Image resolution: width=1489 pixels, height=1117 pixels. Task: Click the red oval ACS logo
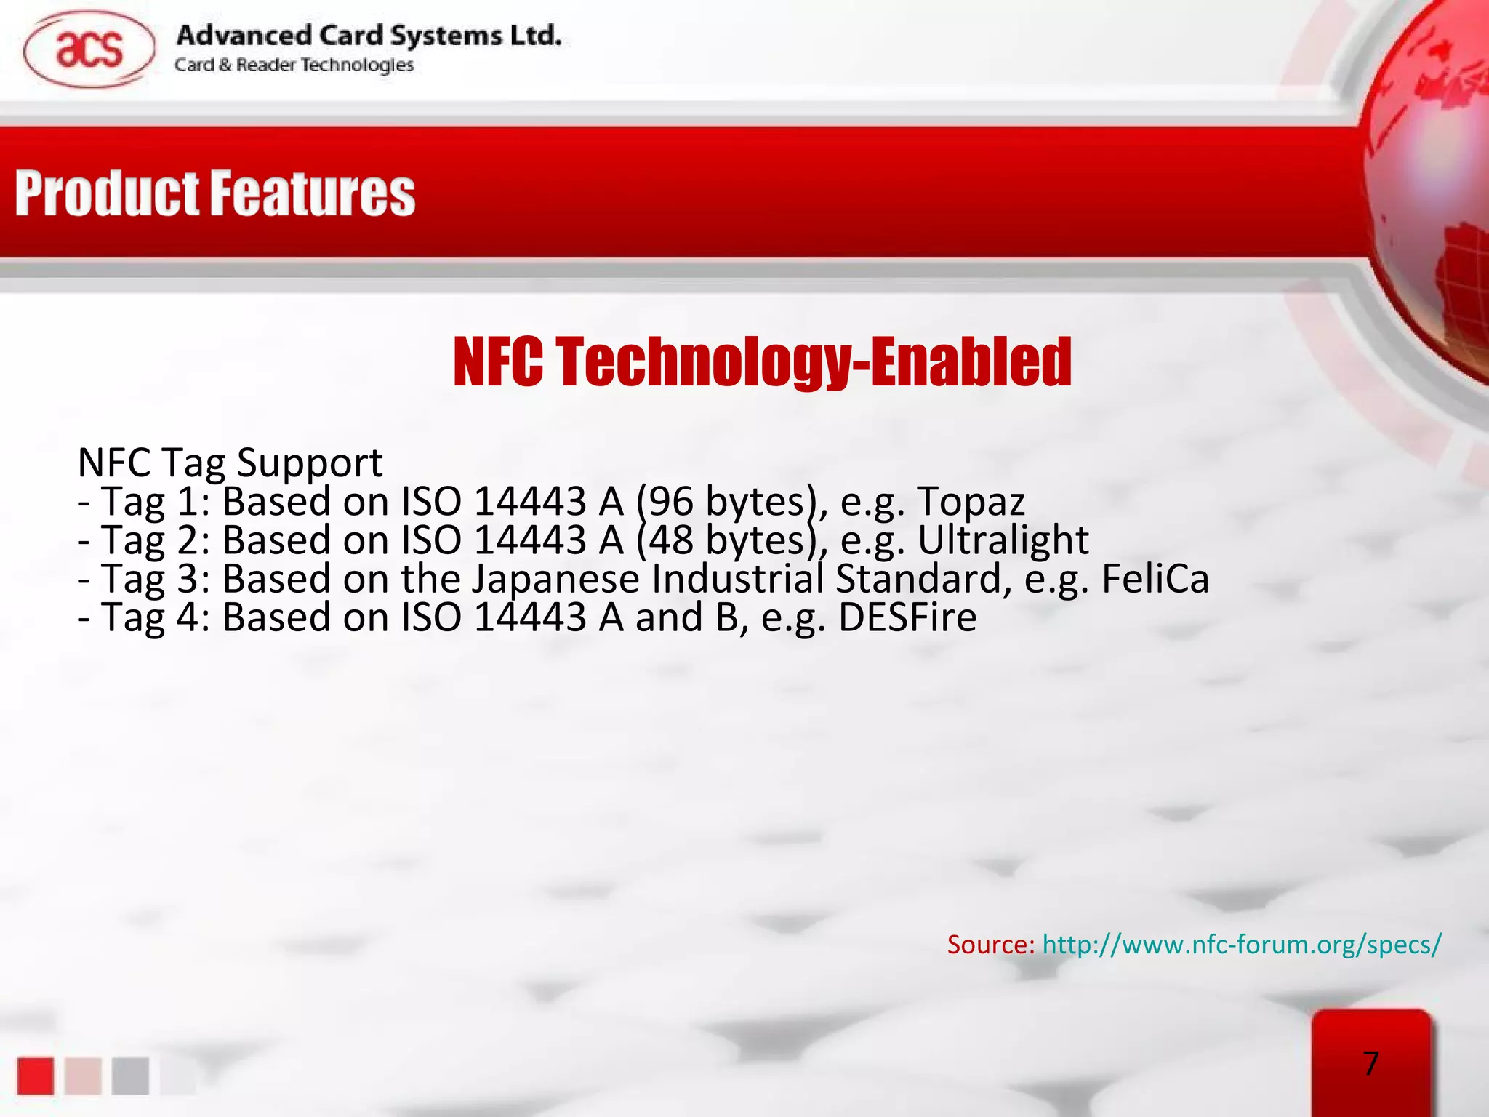(89, 49)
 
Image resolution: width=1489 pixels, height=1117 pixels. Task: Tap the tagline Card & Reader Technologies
(294, 65)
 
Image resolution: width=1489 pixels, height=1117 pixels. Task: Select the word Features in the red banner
(313, 194)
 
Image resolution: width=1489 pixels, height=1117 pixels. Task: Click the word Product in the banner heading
(107, 194)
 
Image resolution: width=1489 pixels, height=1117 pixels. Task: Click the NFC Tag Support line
(230, 463)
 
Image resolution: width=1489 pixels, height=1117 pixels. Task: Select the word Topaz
(971, 502)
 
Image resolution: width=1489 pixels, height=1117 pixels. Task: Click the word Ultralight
(1003, 540)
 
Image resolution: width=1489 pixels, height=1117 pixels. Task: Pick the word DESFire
(907, 617)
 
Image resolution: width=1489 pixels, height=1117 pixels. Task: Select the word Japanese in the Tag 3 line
(555, 579)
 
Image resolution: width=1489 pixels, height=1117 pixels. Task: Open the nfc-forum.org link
(1241, 945)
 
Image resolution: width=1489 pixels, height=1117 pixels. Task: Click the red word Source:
(990, 945)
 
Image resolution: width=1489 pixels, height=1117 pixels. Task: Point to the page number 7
(1370, 1064)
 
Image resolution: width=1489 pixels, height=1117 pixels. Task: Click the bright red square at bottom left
(35, 1076)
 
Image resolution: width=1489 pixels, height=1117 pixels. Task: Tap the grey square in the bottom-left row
(130, 1076)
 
